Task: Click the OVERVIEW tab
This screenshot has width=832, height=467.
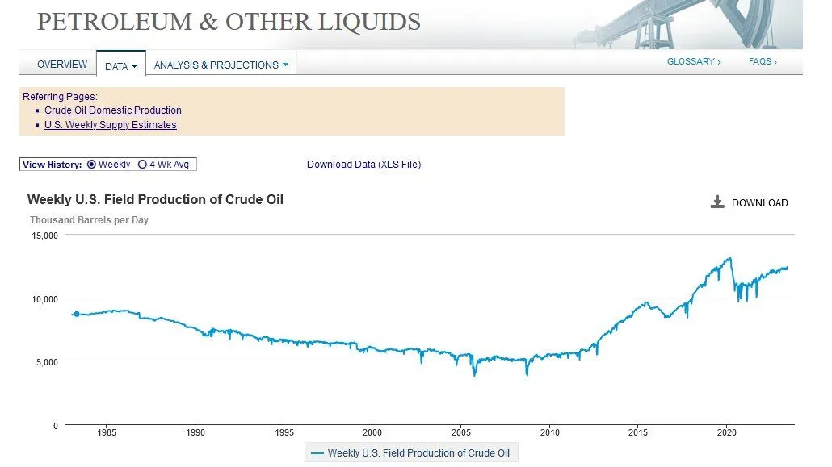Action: (62, 65)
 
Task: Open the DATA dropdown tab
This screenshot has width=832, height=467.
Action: (121, 66)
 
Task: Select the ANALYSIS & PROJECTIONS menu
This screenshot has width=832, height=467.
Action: (221, 65)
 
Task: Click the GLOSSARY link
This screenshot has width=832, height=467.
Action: (693, 61)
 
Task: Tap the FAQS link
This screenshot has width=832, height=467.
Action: (762, 61)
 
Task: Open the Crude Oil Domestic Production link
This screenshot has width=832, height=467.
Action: (113, 110)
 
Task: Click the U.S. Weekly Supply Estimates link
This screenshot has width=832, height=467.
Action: (111, 125)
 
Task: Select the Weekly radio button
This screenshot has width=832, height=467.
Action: (91, 165)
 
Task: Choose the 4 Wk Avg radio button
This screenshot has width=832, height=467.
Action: (143, 165)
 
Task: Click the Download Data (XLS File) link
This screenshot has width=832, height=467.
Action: (363, 165)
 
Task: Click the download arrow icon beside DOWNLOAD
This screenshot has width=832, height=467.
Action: (717, 202)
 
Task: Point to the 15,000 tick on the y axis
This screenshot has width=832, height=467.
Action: (44, 236)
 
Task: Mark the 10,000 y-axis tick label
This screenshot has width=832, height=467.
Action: (44, 298)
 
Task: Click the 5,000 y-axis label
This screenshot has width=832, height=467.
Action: (47, 362)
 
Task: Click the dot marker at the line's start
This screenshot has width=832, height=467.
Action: (77, 314)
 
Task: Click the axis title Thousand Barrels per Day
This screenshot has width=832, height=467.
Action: (89, 219)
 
